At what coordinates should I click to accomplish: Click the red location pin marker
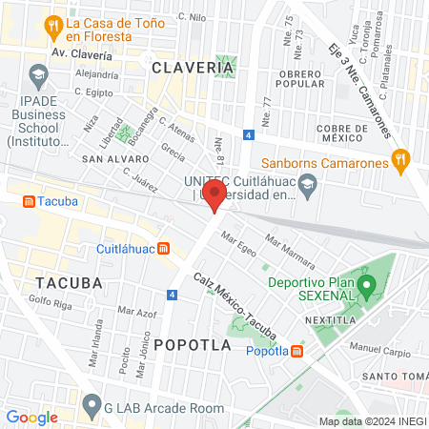click(x=215, y=197)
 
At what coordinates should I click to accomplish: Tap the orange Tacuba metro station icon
click(x=29, y=202)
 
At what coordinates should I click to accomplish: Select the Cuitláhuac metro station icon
click(x=164, y=249)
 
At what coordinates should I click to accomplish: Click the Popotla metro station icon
click(x=297, y=351)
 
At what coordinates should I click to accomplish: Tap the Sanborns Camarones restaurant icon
click(x=400, y=161)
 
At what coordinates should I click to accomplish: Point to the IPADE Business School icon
click(x=38, y=74)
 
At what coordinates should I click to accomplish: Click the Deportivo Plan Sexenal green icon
click(x=364, y=286)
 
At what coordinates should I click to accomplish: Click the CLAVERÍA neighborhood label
click(x=192, y=68)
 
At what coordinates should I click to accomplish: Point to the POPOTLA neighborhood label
click(x=192, y=345)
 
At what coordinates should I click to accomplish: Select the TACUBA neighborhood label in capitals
click(x=68, y=283)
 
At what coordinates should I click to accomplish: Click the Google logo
click(x=31, y=417)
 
